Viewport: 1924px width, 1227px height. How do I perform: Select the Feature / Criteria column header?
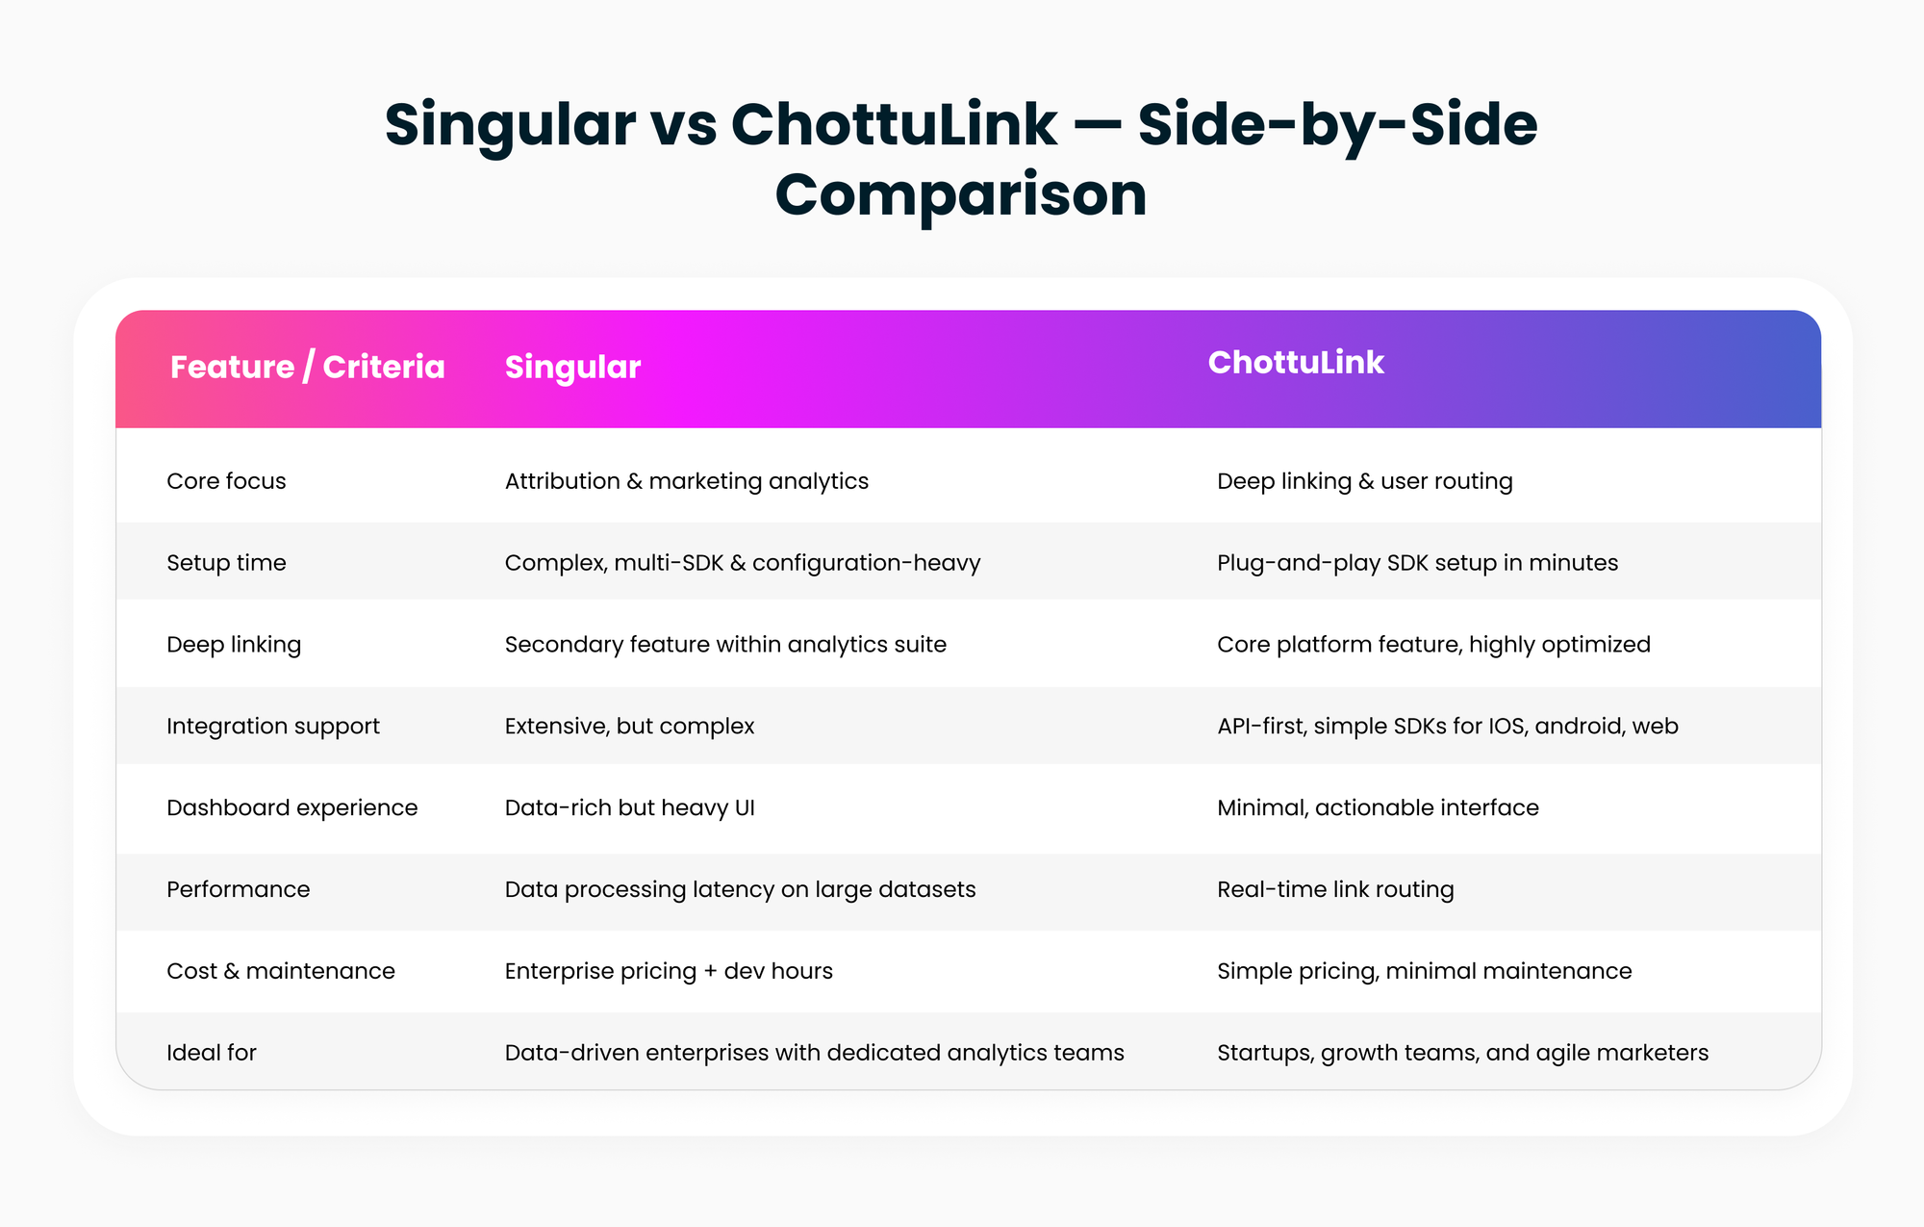click(308, 367)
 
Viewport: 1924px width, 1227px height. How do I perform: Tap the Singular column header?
click(572, 368)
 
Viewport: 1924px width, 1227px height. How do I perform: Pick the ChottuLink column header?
click(1296, 362)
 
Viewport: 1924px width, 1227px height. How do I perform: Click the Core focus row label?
click(226, 481)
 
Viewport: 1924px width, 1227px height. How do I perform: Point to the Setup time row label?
click(226, 563)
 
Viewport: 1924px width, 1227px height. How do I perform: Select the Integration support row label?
click(273, 727)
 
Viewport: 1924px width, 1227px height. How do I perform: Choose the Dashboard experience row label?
click(292, 808)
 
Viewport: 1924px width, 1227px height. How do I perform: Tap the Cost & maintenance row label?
click(281, 971)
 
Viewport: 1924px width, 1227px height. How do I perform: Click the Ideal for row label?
click(212, 1053)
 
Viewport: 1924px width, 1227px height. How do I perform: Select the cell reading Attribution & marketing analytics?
click(687, 481)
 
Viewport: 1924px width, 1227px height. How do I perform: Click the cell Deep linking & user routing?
click(1365, 481)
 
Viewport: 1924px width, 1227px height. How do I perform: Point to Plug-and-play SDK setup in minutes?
click(1418, 563)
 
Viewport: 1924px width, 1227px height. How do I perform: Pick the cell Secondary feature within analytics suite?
click(725, 645)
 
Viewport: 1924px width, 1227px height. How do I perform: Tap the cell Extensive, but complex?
click(630, 727)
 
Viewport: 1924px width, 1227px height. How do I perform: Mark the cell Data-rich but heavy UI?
click(630, 808)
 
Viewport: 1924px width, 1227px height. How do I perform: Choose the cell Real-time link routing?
click(1335, 889)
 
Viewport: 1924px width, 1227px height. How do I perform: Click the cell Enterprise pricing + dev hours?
click(669, 971)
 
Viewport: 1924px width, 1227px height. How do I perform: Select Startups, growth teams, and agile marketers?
click(1463, 1053)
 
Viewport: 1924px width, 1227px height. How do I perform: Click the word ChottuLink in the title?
click(894, 125)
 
